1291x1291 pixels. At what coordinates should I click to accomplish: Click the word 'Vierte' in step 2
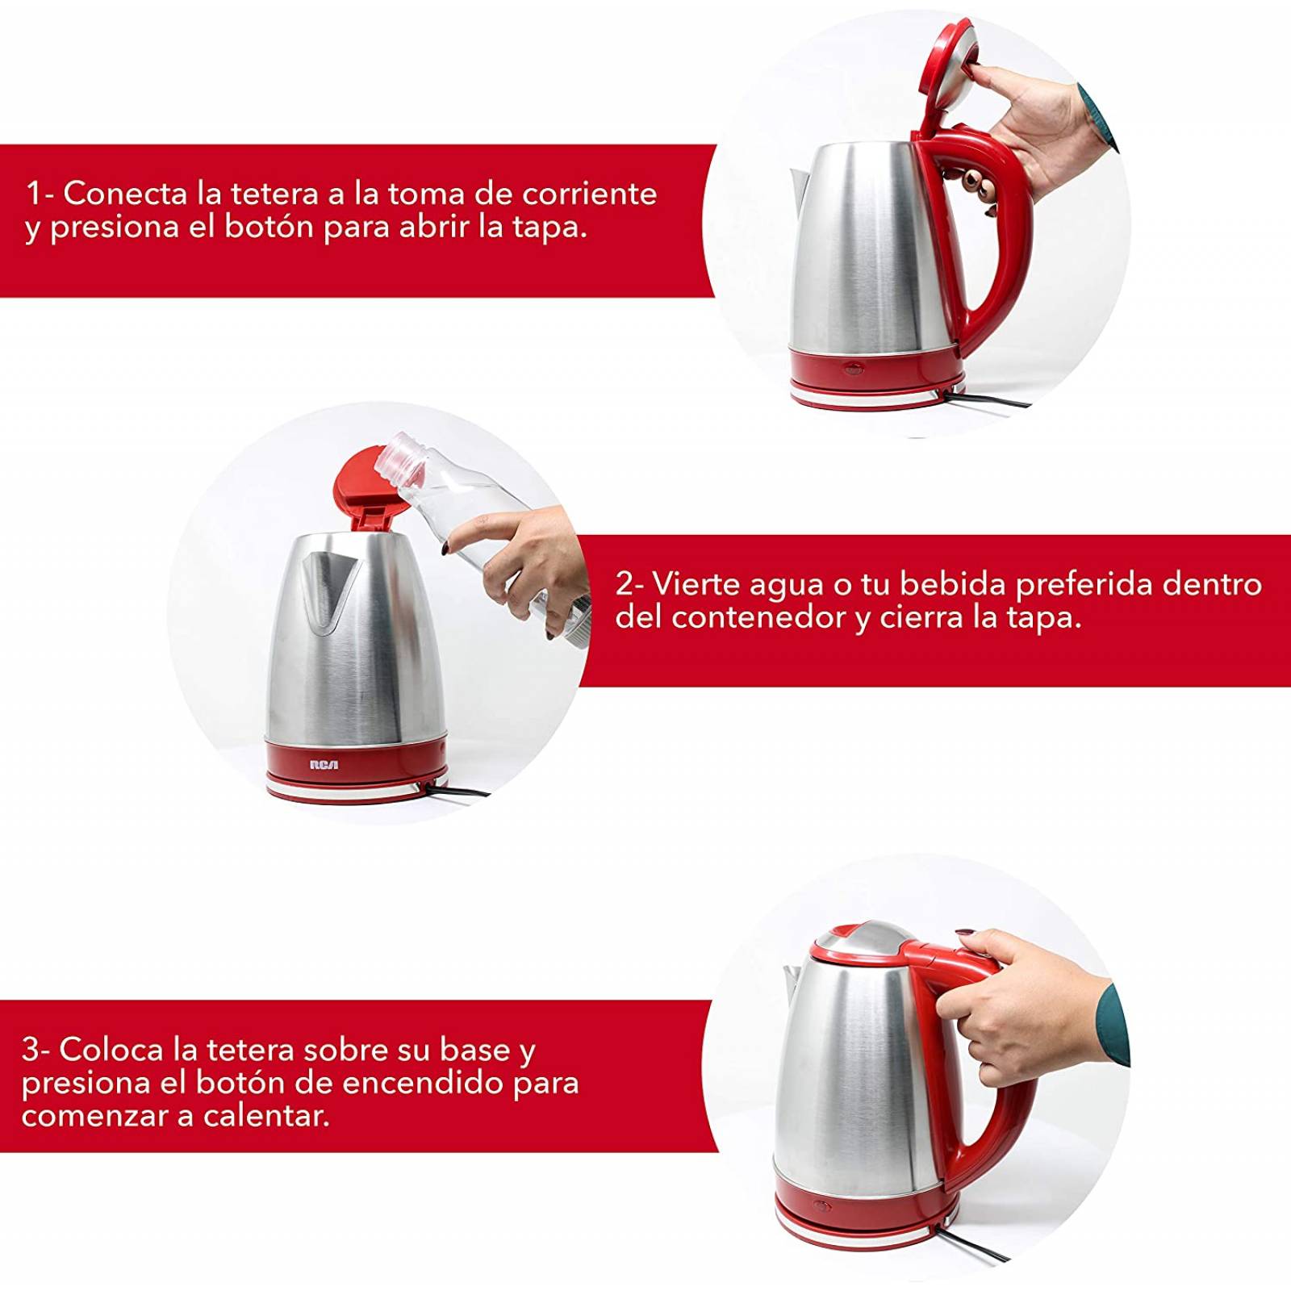tap(696, 583)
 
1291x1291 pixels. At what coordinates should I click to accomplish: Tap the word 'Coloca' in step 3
tap(112, 1050)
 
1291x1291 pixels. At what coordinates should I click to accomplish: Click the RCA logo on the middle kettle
tap(324, 764)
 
